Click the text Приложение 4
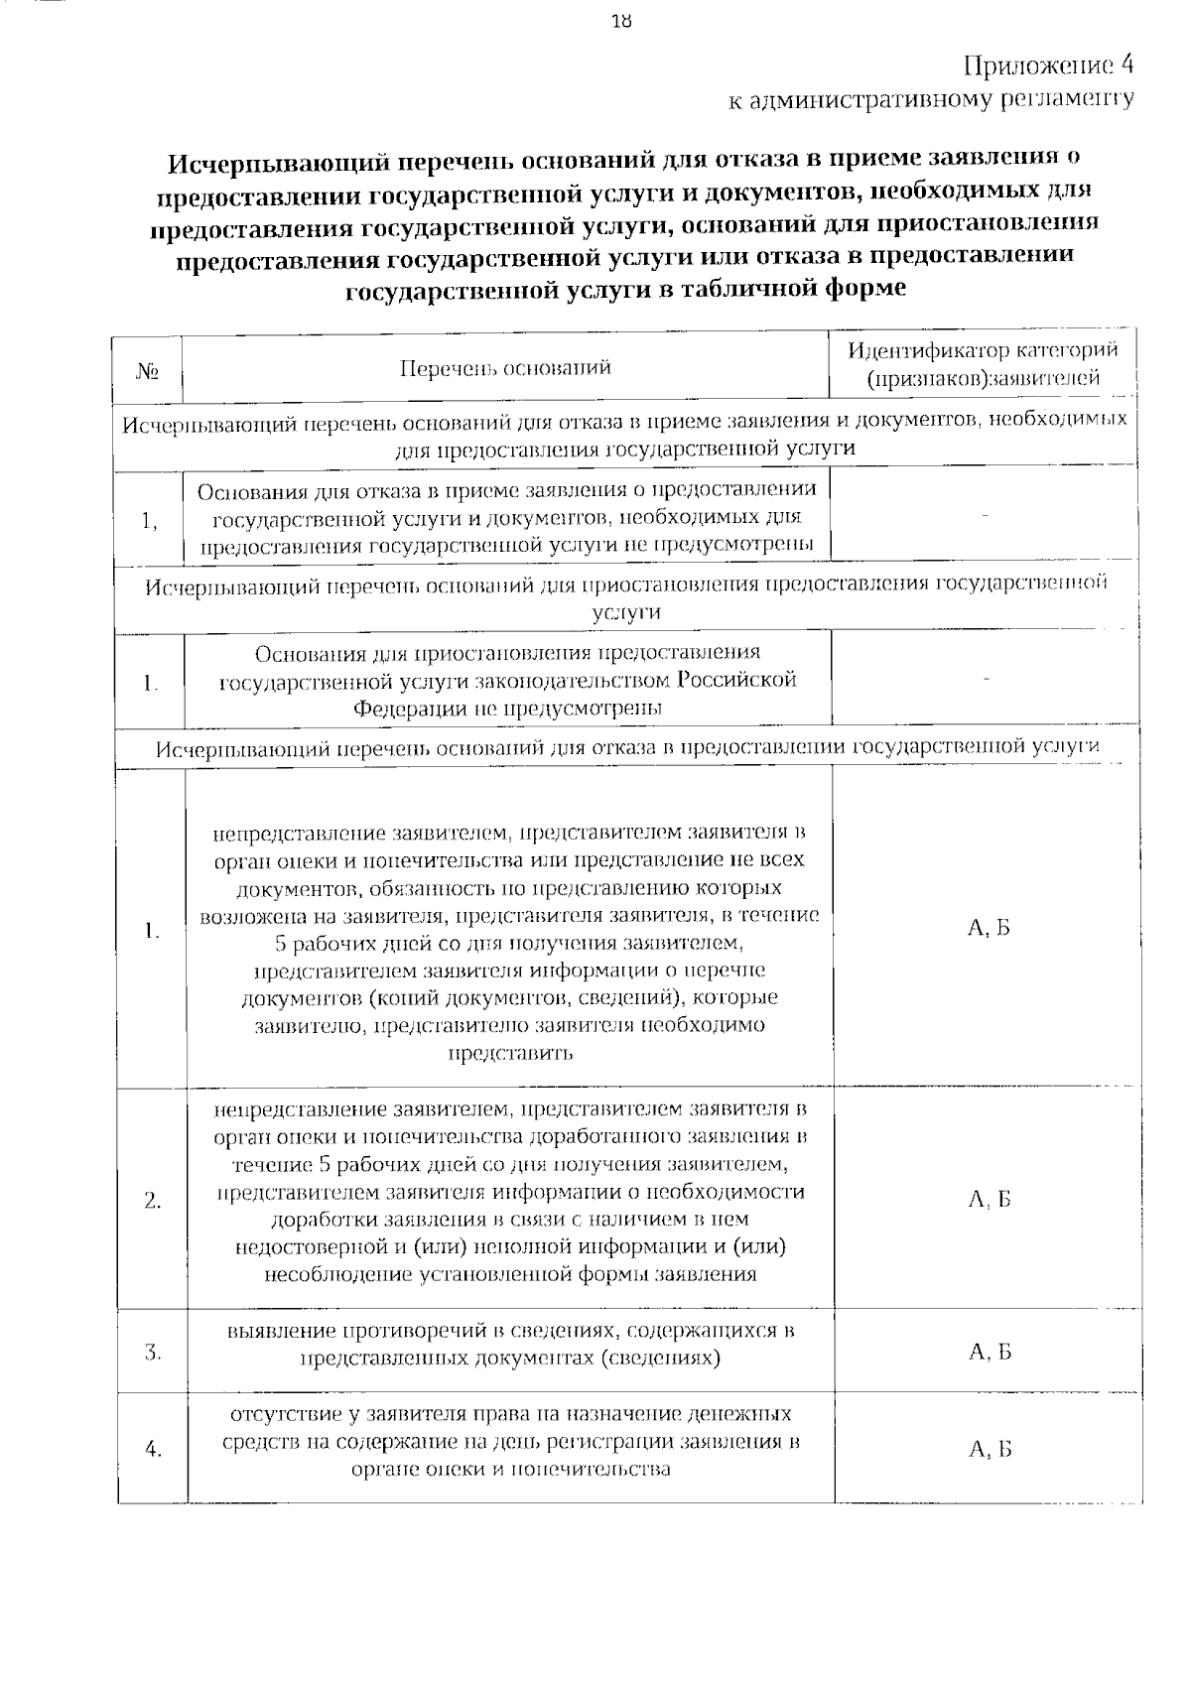[x=1048, y=65]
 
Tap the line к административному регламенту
[x=931, y=99]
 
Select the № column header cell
[x=149, y=371]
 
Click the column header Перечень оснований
[x=505, y=369]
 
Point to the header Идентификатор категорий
[x=983, y=350]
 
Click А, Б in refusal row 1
[x=989, y=928]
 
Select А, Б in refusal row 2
[x=989, y=1200]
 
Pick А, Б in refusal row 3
[x=989, y=1352]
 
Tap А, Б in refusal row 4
[x=989, y=1450]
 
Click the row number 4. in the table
[x=153, y=1450]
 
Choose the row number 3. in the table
[x=153, y=1352]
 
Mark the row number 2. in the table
[x=153, y=1201]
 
